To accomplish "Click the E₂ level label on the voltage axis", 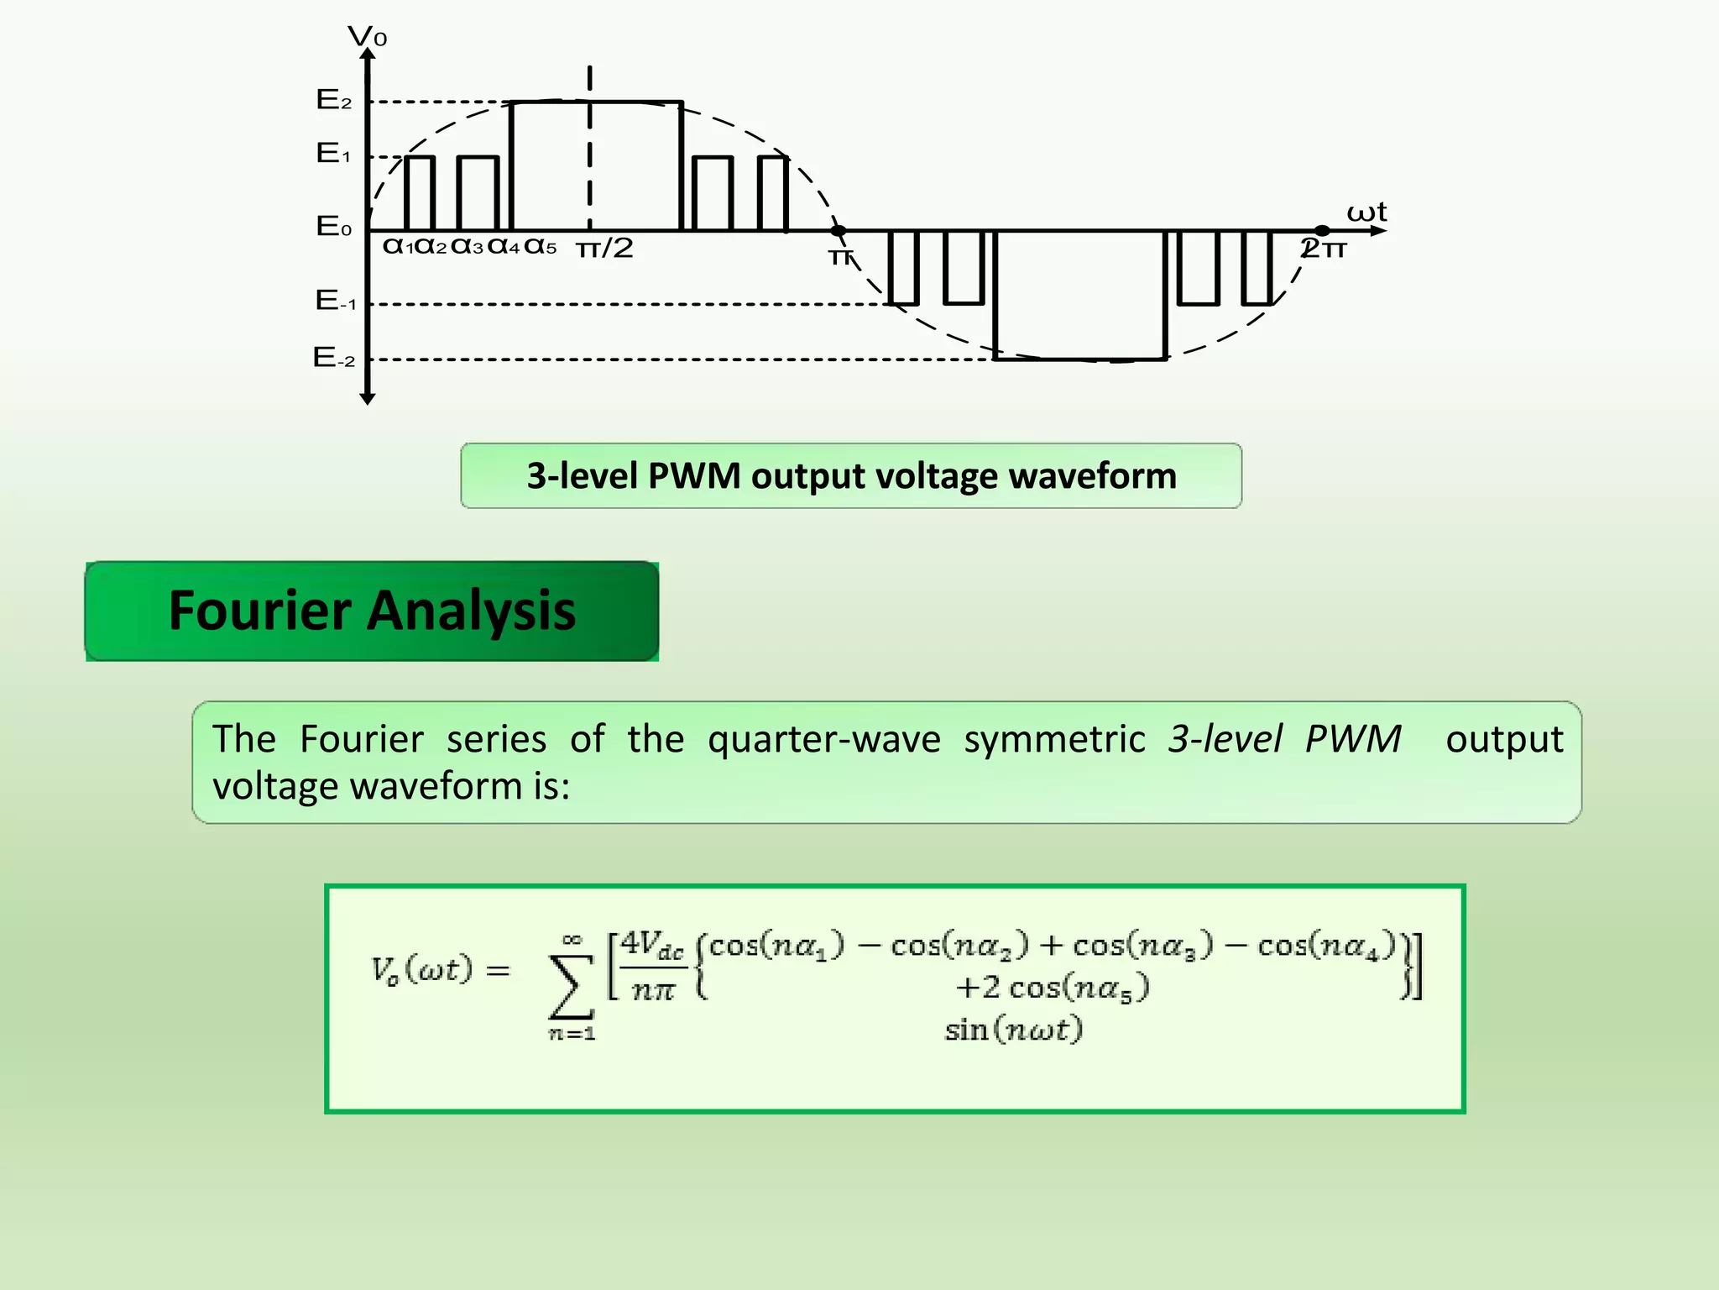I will tap(333, 101).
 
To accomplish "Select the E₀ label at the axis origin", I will tap(333, 227).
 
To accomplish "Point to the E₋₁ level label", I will tap(335, 301).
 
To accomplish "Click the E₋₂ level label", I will tap(333, 359).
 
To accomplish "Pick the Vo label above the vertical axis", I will tap(367, 37).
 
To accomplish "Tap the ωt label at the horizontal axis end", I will tap(1366, 212).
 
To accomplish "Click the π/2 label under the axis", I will tap(604, 249).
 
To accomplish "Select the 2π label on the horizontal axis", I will tap(1324, 249).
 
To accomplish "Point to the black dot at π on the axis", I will tap(838, 230).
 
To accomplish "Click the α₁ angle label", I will tap(397, 247).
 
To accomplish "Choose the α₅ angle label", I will tap(540, 247).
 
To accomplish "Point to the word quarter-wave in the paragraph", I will tap(824, 739).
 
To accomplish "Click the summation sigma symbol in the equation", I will tap(570, 988).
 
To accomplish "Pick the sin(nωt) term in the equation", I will tap(1013, 1030).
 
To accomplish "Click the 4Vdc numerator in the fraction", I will tap(652, 946).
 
